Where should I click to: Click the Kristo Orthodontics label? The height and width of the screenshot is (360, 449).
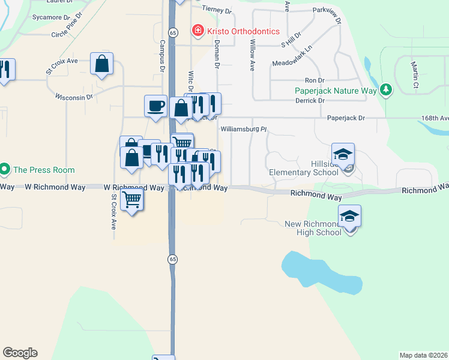point(243,31)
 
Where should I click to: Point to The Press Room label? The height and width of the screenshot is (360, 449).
point(44,170)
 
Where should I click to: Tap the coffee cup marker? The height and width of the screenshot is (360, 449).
point(155,106)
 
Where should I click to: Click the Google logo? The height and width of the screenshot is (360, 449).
point(20,353)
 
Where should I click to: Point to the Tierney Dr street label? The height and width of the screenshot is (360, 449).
point(217,8)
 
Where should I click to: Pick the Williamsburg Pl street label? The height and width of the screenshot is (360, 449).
point(243,129)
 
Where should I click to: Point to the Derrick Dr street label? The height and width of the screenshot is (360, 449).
point(310,101)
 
